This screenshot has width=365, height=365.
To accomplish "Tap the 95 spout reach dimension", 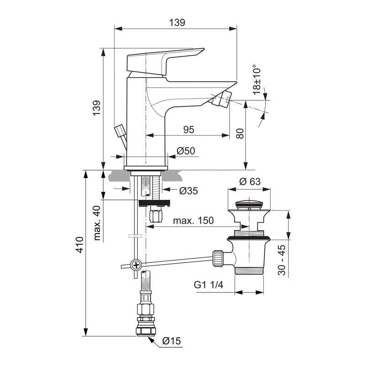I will pos(188,129).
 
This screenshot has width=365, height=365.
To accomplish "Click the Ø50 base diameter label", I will pos(186,151).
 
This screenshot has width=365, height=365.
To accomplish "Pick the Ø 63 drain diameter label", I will pos(250,181).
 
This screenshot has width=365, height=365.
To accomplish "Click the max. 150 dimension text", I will pos(193,221).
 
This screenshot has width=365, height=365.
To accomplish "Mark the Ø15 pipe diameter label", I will pos(171,341).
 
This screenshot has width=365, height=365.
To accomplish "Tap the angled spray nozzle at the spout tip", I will pos(223,98).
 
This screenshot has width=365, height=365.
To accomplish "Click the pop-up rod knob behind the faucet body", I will pos(120,133).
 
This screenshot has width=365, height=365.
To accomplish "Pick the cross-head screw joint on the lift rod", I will pos(136,264).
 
